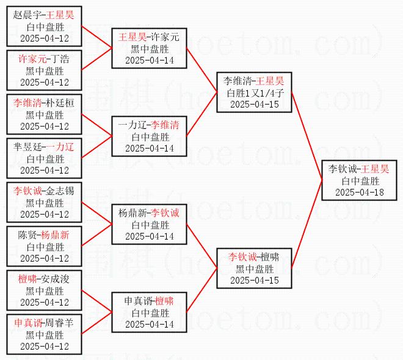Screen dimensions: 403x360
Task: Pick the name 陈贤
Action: click(x=27, y=235)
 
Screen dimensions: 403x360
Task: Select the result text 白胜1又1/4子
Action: click(x=253, y=93)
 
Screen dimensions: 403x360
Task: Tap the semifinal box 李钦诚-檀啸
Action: click(x=253, y=268)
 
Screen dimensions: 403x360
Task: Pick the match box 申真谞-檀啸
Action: click(x=148, y=312)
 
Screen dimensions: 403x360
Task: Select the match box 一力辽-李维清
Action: click(x=148, y=136)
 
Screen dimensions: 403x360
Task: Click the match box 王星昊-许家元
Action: click(x=148, y=48)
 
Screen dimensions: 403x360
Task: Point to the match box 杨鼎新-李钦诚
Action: click(x=148, y=224)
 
